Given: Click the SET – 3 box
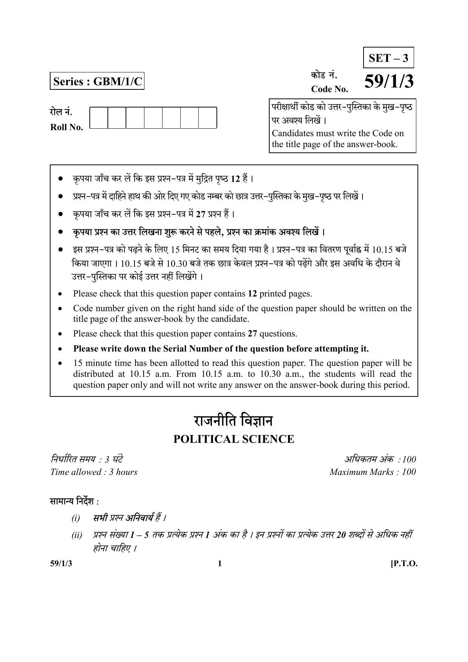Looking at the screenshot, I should pos(388,58).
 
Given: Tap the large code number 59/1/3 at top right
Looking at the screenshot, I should pos(389,81).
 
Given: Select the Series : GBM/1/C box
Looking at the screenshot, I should pos(97,81).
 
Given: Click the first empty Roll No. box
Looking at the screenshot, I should pos(99,118).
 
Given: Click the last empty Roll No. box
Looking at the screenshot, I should pos(207,118).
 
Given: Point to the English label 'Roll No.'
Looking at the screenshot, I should pos(67,127).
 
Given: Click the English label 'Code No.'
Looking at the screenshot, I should pos(330,89).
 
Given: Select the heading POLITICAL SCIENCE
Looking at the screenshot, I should pos(233,439).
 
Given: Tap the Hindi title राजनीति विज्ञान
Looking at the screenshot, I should pos(233,421).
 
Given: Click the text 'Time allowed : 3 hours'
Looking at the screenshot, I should pos(94,472).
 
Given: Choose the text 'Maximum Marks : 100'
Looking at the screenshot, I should pos(373,472).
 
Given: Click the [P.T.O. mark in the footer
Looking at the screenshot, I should pos(404,564).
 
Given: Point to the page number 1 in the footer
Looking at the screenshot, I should pos(220,564).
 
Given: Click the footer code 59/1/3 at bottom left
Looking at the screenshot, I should pos(61,564).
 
